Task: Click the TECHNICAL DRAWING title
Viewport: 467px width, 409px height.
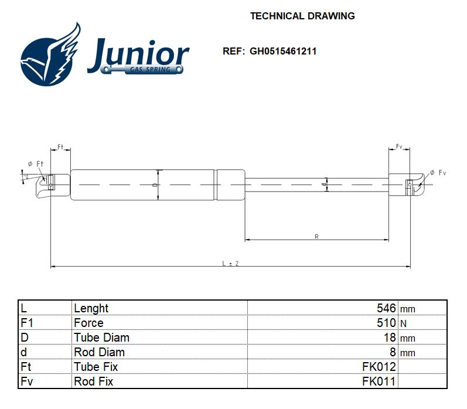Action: [302, 16]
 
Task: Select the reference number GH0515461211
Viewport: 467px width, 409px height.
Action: [283, 51]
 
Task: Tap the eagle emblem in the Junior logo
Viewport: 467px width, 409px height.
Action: [51, 55]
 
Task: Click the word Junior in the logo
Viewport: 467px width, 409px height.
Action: [138, 53]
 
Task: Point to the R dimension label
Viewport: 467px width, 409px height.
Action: [316, 236]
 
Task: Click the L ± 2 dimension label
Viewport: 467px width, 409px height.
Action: [230, 264]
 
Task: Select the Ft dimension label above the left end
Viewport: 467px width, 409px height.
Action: [60, 146]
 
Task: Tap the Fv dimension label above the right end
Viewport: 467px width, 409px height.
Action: [399, 146]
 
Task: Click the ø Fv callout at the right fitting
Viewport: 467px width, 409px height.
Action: [438, 172]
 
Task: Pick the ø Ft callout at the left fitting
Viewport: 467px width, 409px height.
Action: [35, 164]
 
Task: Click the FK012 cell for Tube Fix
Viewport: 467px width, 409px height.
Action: [379, 367]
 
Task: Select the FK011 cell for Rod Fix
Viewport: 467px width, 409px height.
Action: [379, 381]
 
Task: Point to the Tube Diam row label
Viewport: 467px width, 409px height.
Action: [101, 338]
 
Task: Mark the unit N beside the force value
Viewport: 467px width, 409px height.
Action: [403, 323]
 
